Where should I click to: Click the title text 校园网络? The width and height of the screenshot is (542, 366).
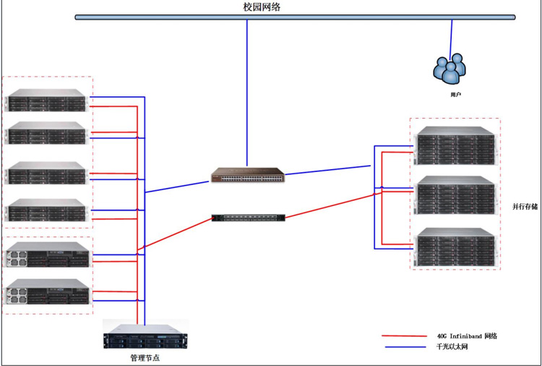[262, 7]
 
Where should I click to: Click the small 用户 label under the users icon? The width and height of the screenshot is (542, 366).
[455, 94]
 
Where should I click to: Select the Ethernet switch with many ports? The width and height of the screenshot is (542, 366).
[248, 175]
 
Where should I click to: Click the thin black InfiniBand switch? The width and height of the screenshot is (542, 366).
[248, 217]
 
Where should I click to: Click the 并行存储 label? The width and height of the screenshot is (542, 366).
[525, 206]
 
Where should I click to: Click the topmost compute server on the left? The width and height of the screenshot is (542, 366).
[46, 101]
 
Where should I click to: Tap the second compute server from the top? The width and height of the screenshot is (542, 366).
[46, 134]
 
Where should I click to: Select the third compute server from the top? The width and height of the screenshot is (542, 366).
[46, 174]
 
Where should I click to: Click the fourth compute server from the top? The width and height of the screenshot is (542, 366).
[46, 210]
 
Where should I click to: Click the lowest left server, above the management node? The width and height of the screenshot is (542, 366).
[48, 292]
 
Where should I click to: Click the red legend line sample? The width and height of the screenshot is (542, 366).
[404, 336]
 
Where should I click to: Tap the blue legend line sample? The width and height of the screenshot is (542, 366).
[404, 348]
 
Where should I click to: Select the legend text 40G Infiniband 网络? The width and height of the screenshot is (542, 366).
[467, 336]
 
